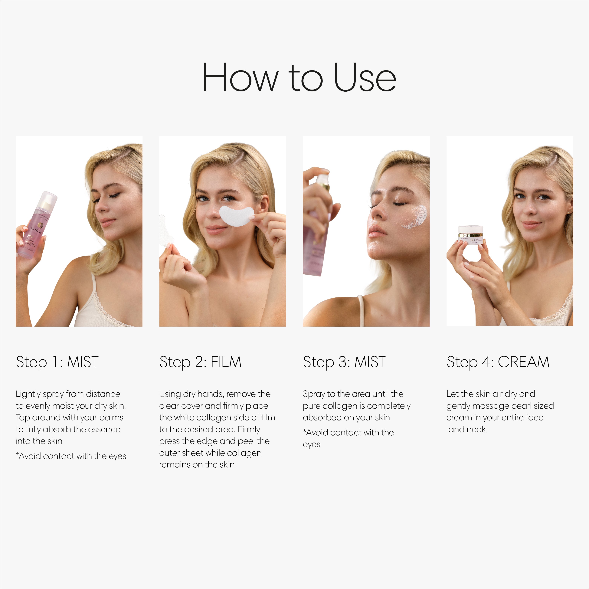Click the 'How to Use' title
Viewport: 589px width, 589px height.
299,77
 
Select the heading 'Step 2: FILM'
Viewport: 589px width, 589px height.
200,362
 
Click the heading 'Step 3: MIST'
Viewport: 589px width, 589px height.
344,362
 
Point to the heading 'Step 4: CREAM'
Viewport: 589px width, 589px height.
498,362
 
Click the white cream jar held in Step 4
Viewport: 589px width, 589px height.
471,234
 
